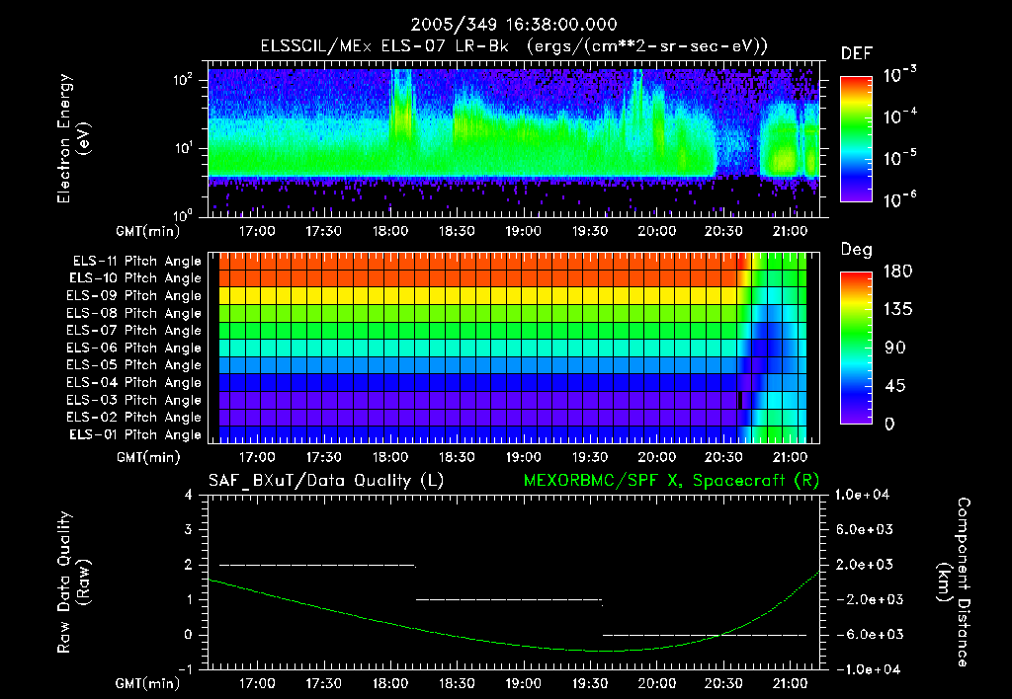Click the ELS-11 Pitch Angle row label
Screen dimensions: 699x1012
coord(136,262)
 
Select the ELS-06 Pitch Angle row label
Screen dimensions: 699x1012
coord(136,348)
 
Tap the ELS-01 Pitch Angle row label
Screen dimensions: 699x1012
coord(136,434)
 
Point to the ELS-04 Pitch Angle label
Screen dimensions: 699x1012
coord(136,382)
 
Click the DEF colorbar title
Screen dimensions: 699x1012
coord(856,53)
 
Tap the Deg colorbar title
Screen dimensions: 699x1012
coord(856,250)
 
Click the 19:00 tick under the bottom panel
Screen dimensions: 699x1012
coord(523,682)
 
